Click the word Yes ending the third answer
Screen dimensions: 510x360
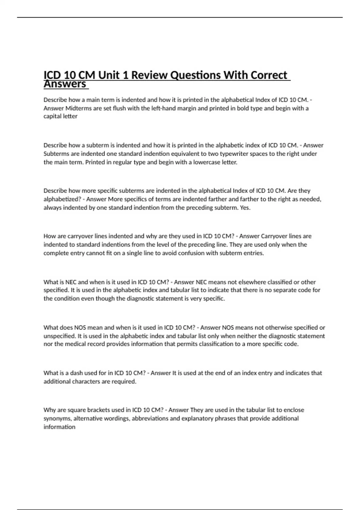(245, 208)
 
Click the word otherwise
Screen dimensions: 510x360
(279, 327)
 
